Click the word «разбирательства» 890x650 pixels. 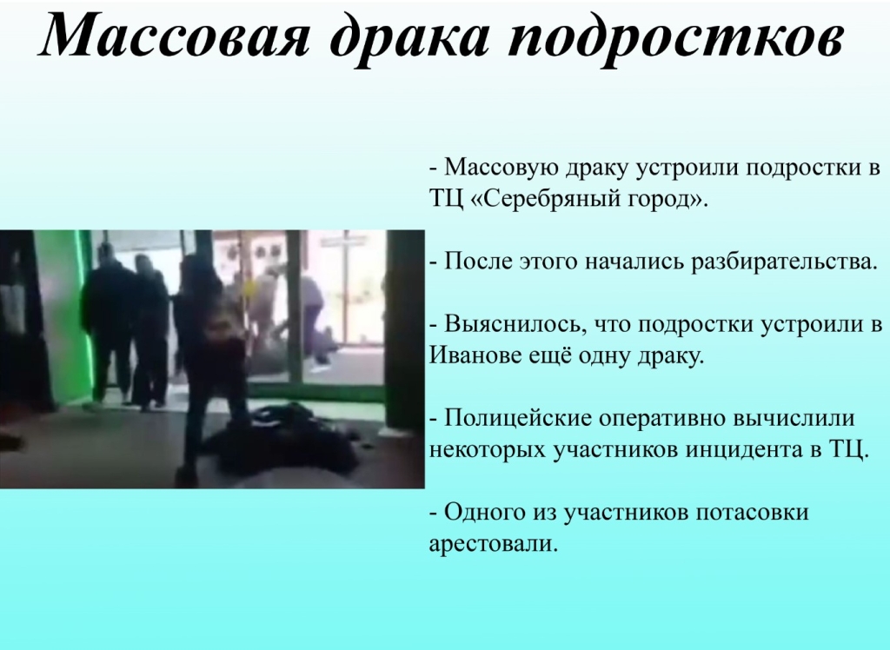(784, 262)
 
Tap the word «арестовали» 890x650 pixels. (494, 544)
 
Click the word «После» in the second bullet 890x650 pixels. (479, 262)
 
